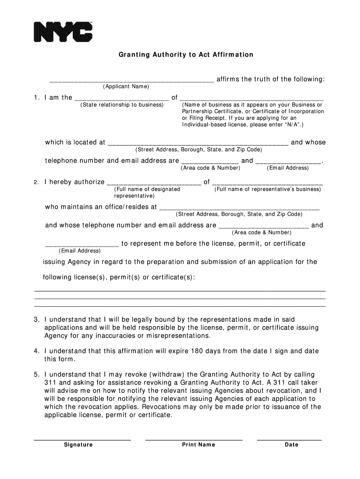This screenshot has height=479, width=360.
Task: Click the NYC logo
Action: (63, 32)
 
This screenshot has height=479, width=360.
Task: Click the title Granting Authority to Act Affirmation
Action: (186, 55)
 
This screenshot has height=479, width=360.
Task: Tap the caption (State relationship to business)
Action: (122, 105)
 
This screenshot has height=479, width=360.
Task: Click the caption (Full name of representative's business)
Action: (267, 189)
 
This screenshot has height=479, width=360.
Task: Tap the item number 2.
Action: (36, 182)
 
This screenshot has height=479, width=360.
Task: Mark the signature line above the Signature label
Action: (82, 439)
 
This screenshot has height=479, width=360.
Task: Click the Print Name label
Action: (199, 445)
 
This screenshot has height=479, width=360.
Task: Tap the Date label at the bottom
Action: (291, 445)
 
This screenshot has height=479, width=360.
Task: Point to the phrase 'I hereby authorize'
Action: (74, 182)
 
